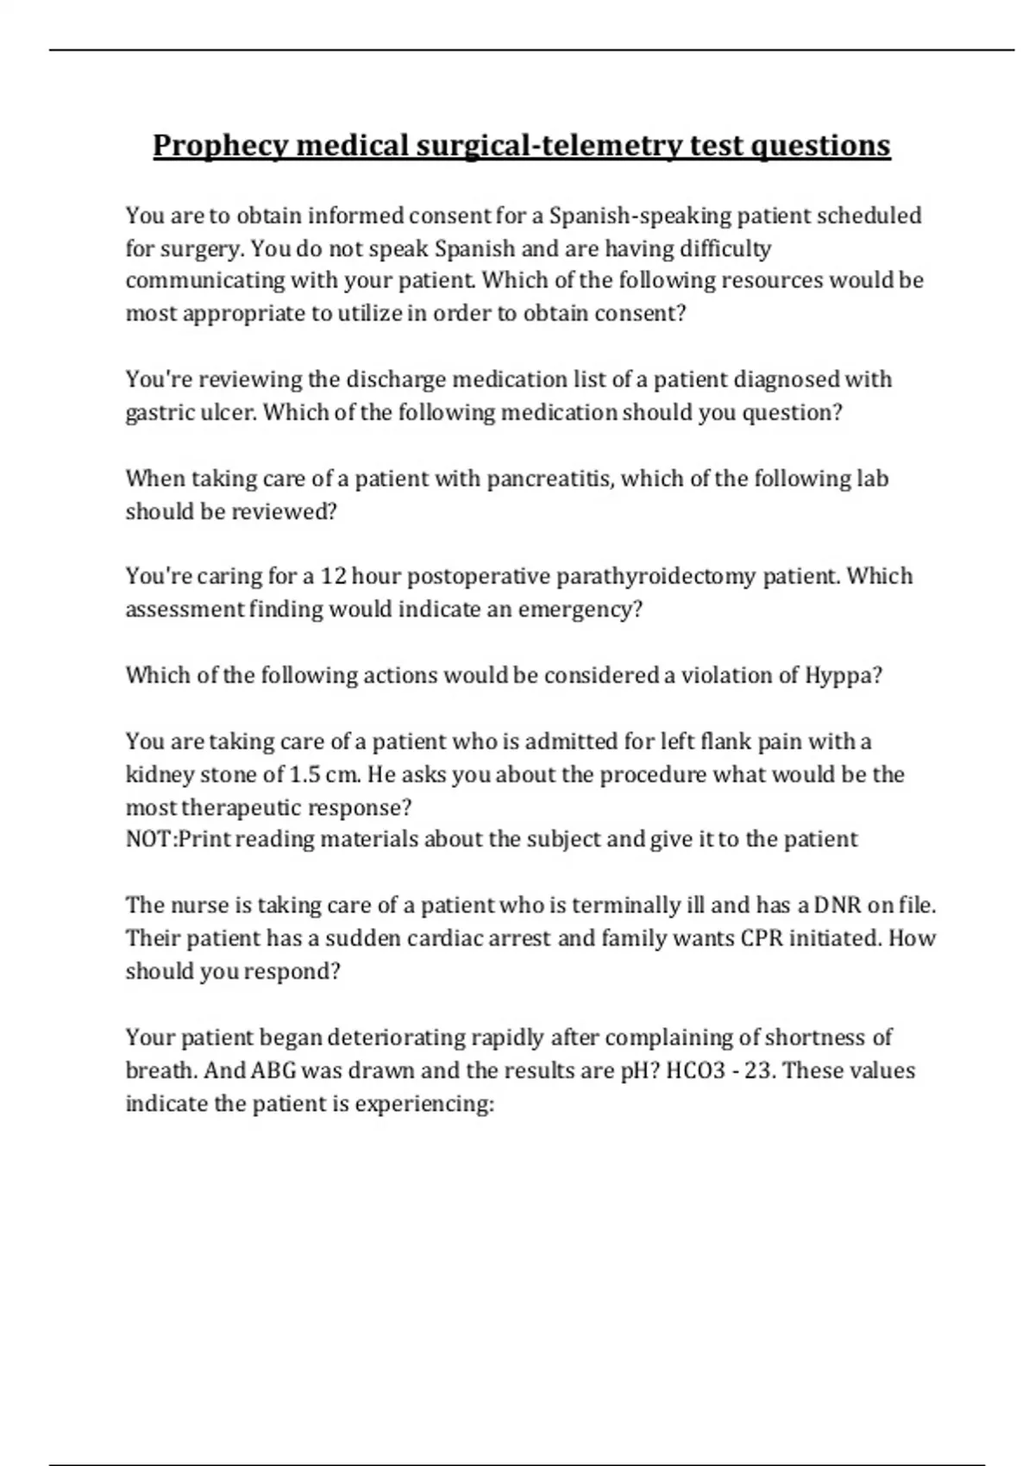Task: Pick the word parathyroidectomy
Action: [x=655, y=576]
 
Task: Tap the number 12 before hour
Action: [x=333, y=576]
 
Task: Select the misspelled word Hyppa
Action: [x=843, y=675]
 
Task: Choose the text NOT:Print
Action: [x=177, y=839]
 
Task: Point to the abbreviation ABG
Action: [x=273, y=1070]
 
